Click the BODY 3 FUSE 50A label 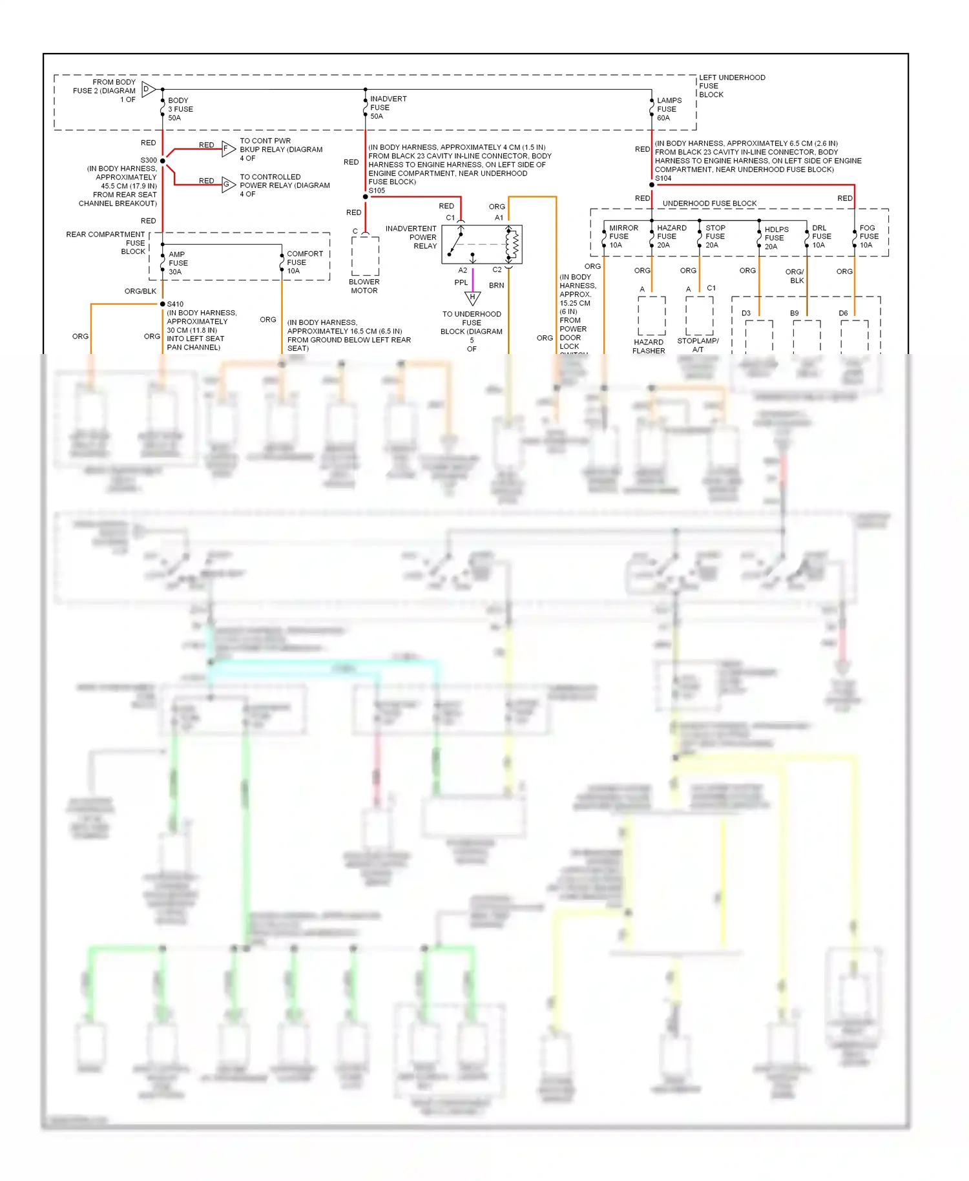[x=180, y=109]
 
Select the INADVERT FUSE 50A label [x=388, y=108]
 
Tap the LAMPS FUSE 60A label [x=669, y=109]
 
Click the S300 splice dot [x=163, y=160]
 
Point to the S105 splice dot [x=366, y=196]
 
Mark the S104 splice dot [x=652, y=185]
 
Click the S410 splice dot [x=163, y=304]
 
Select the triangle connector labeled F [x=228, y=149]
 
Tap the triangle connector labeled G [x=228, y=185]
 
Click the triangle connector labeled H [x=473, y=298]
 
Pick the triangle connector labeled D [x=148, y=90]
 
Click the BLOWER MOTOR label [x=364, y=286]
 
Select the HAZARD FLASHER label [x=649, y=346]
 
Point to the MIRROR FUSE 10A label [x=623, y=236]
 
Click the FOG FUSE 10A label [x=868, y=236]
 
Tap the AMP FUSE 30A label [x=178, y=263]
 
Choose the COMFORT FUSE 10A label [x=304, y=262]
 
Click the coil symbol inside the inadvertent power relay [x=515, y=244]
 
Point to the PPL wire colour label [x=461, y=282]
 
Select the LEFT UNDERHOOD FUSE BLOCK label [x=731, y=86]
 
